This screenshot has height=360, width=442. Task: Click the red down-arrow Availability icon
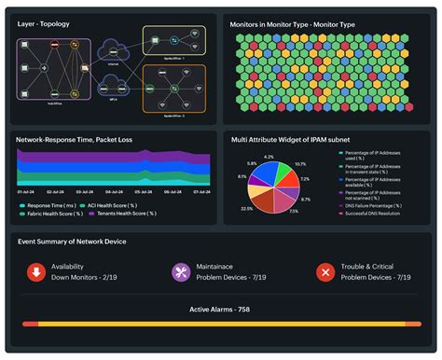coord(35,271)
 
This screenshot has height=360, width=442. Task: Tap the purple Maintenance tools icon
coord(181,271)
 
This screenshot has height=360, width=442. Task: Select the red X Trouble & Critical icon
coord(325,271)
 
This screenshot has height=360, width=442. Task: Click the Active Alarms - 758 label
coord(220,310)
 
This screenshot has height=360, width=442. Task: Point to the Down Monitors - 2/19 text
coord(84,277)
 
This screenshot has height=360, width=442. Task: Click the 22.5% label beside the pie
coord(246,209)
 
